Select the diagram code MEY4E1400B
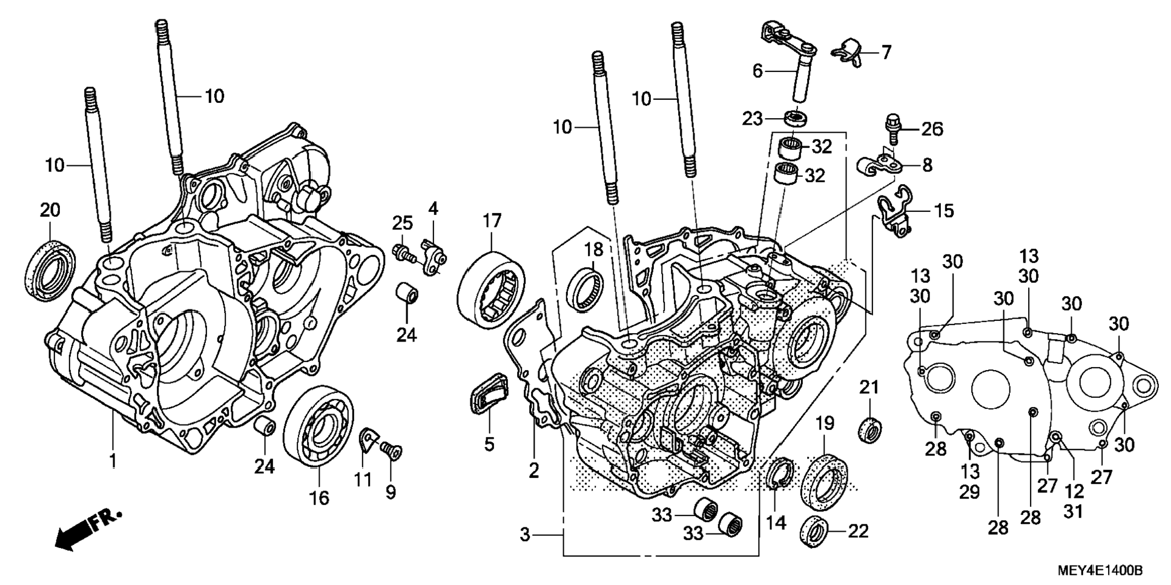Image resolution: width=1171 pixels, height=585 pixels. (x=1100, y=570)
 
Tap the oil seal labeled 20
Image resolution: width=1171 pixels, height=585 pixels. (x=51, y=269)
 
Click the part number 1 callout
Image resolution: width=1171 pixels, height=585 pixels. (x=112, y=461)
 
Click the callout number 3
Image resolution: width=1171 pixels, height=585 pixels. (x=525, y=535)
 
